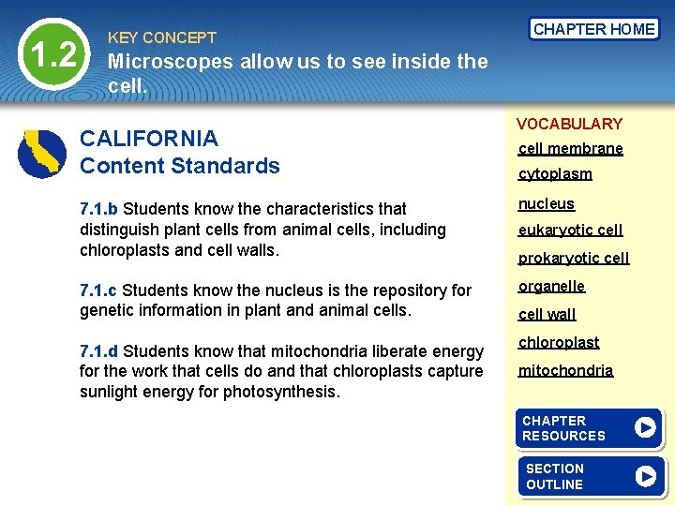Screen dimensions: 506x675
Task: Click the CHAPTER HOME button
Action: coord(593,29)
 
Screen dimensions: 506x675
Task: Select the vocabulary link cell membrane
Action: coord(570,149)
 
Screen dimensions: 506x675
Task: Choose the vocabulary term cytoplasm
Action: coord(555,174)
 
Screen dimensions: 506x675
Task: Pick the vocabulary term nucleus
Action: coord(547,204)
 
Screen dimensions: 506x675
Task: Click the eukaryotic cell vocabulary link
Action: coord(570,231)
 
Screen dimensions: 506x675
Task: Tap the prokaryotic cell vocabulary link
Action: coord(573,259)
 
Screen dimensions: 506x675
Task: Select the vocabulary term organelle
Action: coord(551,287)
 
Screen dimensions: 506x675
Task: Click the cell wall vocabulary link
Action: coord(547,315)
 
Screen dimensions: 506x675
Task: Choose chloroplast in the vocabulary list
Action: coord(559,343)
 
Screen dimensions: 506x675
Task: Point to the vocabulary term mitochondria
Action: coord(565,371)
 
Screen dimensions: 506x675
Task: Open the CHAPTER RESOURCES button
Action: coord(590,429)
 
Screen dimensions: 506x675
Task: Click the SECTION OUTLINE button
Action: coord(590,476)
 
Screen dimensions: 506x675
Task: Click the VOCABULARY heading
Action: coord(569,124)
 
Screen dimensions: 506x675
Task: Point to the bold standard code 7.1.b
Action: coord(99,209)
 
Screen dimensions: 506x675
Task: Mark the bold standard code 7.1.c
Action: coord(98,290)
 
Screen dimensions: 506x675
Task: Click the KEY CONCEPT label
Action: coord(162,38)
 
